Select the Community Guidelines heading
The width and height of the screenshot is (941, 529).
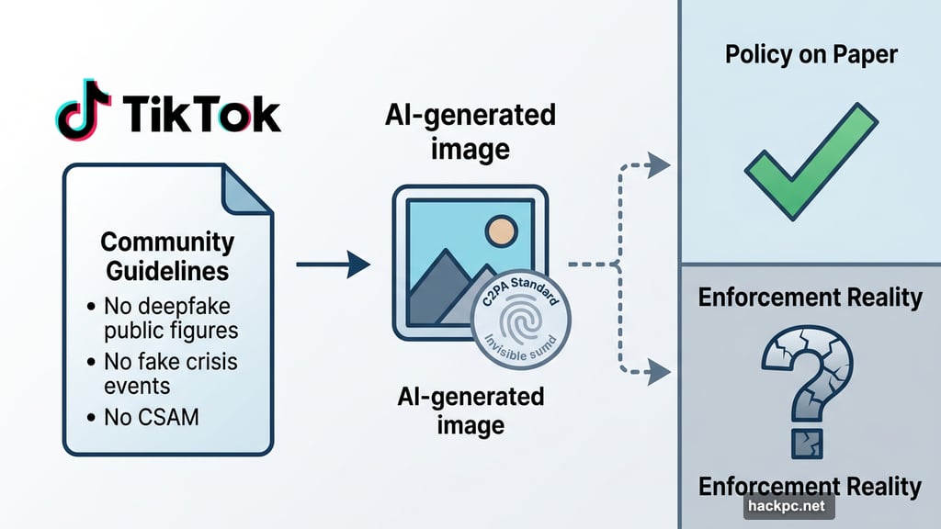click(167, 257)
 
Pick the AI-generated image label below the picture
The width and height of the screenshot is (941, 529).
click(470, 411)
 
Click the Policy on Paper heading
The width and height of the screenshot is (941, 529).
click(811, 54)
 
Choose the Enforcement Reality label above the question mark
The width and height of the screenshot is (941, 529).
click(810, 298)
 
